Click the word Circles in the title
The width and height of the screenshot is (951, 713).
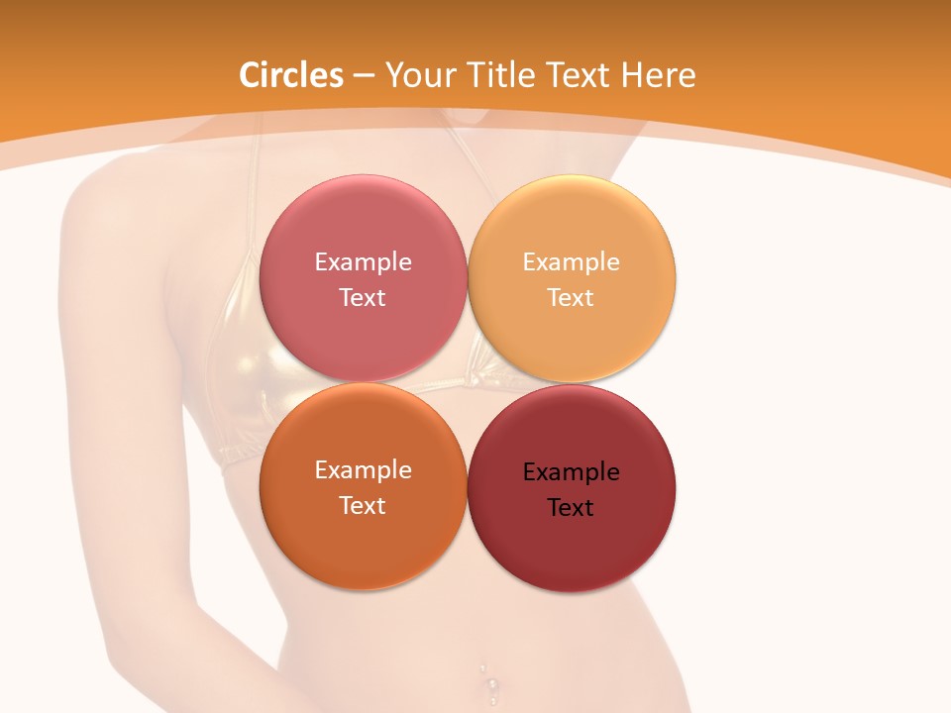point(290,75)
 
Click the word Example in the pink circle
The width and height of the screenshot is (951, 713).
point(363,261)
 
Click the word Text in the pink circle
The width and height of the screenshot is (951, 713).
point(363,297)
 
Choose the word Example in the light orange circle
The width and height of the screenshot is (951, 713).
point(571,261)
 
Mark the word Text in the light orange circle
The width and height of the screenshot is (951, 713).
point(571,297)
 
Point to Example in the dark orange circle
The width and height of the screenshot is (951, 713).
point(363,469)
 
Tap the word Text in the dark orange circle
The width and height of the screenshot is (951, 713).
point(363,505)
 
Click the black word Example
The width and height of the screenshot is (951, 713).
point(571,471)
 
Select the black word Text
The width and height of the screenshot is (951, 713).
point(571,507)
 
